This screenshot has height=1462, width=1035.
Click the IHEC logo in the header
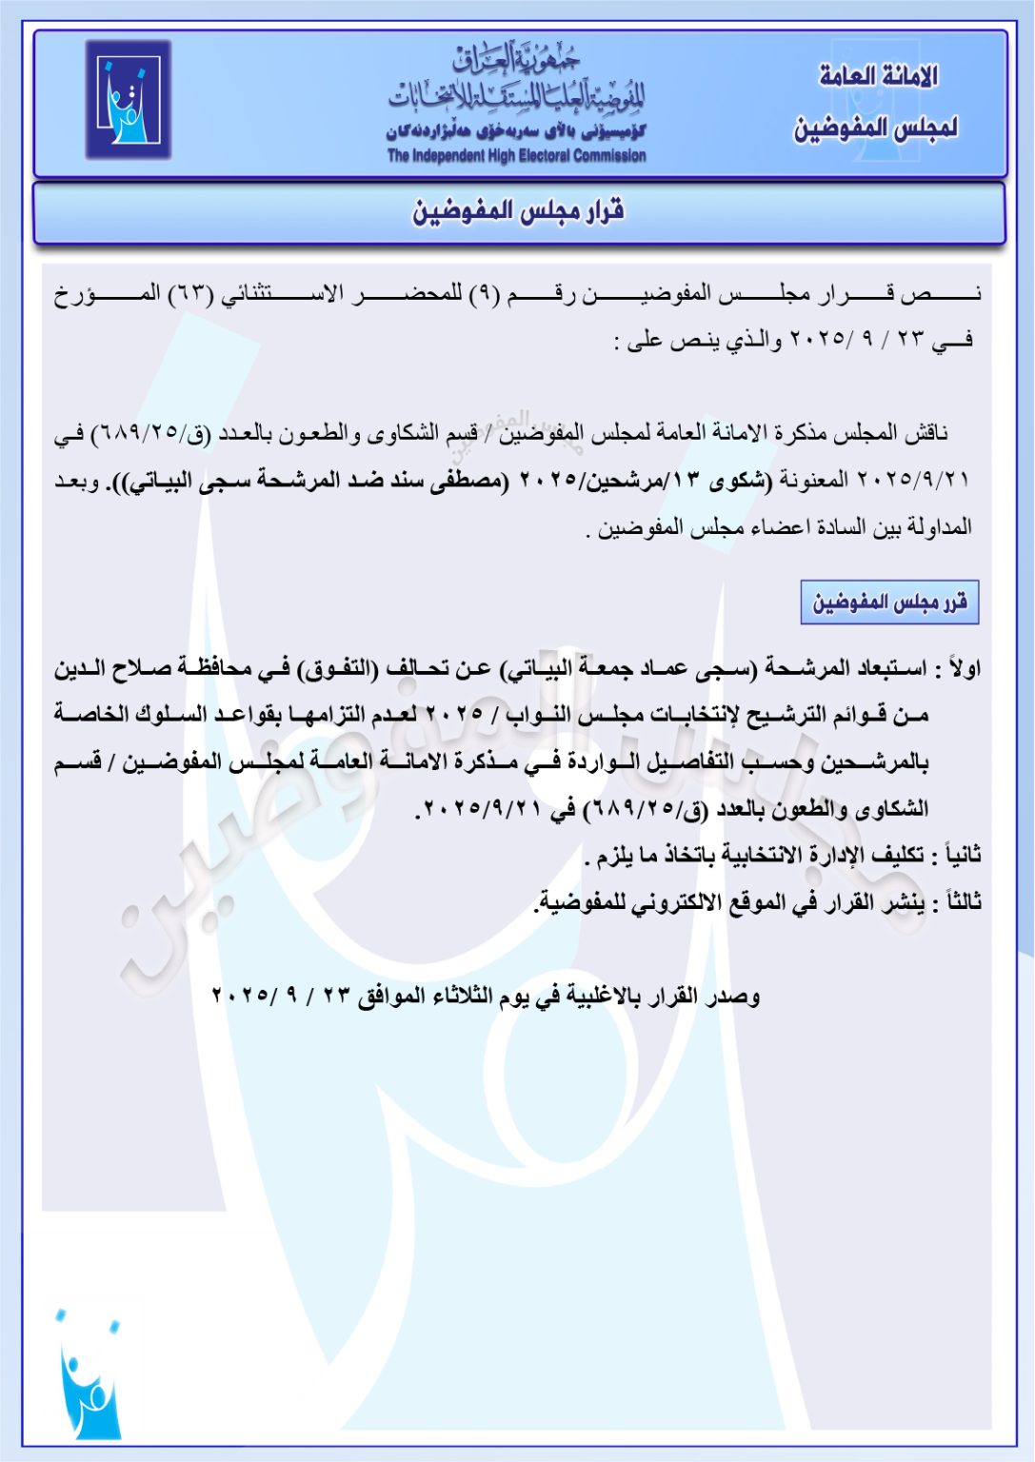click(x=129, y=99)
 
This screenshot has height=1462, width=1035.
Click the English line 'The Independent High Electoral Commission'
click(x=516, y=156)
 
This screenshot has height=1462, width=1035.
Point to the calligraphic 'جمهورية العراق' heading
click(x=517, y=61)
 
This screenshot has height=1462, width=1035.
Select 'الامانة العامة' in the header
click(x=878, y=76)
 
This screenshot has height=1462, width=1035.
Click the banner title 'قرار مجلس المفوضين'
click(x=518, y=211)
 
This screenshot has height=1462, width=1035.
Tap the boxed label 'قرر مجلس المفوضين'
click(x=889, y=603)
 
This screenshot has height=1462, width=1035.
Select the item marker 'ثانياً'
click(x=959, y=855)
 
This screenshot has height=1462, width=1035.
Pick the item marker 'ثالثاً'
click(x=959, y=901)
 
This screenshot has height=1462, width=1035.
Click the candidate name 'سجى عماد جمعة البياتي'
click(x=628, y=668)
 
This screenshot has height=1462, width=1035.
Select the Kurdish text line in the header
click(x=516, y=131)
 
